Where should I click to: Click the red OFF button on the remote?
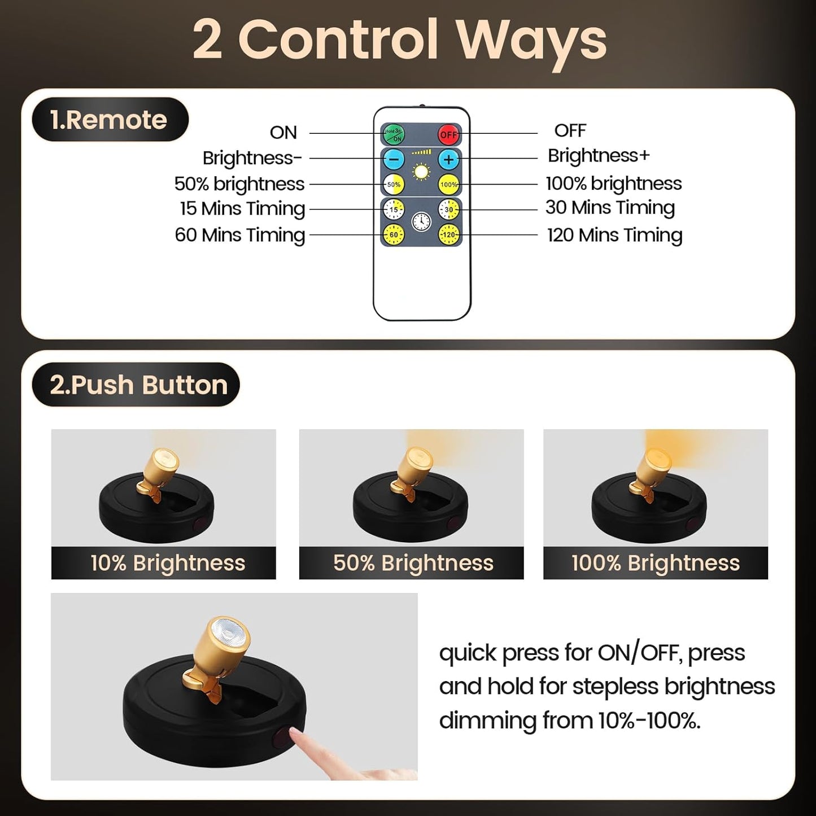(449, 134)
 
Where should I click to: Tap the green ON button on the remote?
(394, 134)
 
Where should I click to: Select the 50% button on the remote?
(394, 184)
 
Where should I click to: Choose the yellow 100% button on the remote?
(449, 184)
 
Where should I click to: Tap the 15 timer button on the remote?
(394, 210)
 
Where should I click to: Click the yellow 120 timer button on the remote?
(449, 234)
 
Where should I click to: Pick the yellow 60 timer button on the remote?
(394, 234)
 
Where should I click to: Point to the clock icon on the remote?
(421, 221)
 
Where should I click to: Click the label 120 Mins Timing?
(614, 235)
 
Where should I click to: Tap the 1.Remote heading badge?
(109, 120)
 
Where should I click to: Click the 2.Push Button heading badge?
(137, 385)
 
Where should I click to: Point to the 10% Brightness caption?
(167, 563)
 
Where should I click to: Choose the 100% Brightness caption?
(655, 563)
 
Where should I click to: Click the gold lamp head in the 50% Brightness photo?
(417, 463)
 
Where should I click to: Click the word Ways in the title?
(531, 41)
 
